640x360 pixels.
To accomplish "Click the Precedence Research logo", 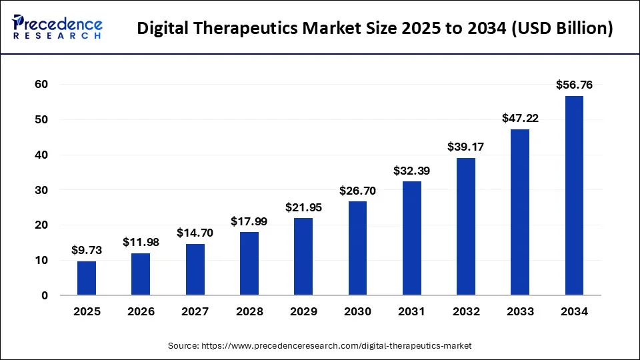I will tap(57, 27).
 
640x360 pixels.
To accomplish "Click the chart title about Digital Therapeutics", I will tap(375, 29).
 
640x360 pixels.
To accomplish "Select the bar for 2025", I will tap(87, 278).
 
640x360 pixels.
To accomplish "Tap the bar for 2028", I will tap(249, 263).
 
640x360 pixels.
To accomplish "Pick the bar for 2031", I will tap(411, 238).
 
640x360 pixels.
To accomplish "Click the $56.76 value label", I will tap(574, 85).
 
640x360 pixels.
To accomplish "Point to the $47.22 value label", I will tap(520, 118).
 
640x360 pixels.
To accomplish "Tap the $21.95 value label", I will tap(303, 207).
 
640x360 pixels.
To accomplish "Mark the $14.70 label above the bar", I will tap(195, 233).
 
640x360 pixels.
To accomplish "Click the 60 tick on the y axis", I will tap(41, 85).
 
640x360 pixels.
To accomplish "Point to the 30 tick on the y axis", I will tap(41, 190).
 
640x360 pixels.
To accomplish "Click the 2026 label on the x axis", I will tap(141, 311).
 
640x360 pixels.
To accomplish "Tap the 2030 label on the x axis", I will tap(357, 311).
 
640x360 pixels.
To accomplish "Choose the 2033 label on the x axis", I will tap(520, 311).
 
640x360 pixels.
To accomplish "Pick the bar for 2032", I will tap(466, 226).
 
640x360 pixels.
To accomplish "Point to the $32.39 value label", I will tap(411, 171).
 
